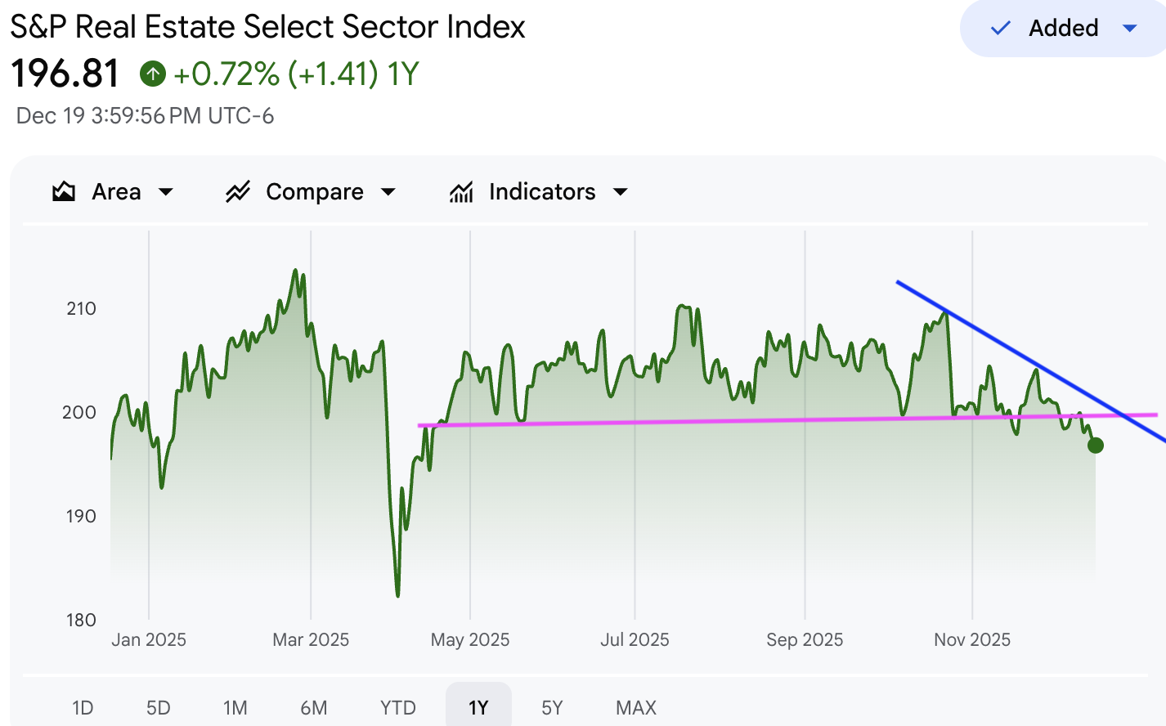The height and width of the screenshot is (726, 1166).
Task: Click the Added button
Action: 1062,29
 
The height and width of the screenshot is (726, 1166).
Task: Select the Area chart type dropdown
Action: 113,192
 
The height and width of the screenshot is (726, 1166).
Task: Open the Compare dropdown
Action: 311,192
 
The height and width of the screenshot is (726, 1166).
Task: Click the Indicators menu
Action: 539,192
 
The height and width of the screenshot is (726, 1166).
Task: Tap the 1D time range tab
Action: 83,707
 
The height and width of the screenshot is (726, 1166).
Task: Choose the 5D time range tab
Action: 159,707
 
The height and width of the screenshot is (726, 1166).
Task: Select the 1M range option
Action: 235,707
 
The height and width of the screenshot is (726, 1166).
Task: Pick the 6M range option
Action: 314,707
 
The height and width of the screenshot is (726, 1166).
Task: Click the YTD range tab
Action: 398,707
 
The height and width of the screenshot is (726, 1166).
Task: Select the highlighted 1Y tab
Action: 478,707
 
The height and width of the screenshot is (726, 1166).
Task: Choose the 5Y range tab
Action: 552,707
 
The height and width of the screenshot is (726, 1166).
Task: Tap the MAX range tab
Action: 636,707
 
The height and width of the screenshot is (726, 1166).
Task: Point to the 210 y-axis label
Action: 81,309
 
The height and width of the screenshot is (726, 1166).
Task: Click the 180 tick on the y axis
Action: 81,621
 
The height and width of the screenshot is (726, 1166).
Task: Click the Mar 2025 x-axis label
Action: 311,640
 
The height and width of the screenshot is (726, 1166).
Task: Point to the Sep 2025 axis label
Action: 805,640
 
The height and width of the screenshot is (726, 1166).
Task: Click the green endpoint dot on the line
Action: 1096,446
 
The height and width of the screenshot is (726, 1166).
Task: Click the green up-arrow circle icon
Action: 153,74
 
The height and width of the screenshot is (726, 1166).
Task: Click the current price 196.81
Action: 65,74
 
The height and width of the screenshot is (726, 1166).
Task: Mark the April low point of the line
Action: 398,595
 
